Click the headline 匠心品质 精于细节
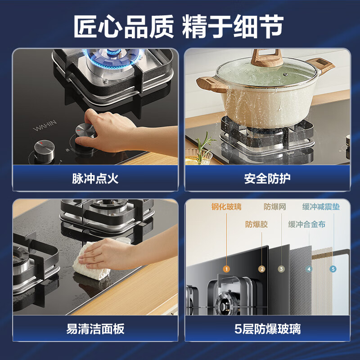click(x=179, y=27)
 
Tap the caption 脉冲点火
click(x=95, y=178)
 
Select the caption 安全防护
click(x=267, y=178)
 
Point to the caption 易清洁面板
click(x=95, y=328)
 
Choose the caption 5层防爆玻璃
click(x=267, y=328)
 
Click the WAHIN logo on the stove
click(x=45, y=126)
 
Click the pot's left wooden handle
click(x=211, y=84)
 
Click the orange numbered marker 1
click(x=226, y=269)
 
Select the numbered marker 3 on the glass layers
click(x=281, y=269)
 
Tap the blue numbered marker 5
click(x=333, y=269)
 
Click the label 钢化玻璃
click(x=226, y=207)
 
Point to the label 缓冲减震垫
click(x=321, y=207)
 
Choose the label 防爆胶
click(x=256, y=224)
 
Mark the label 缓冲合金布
click(x=307, y=224)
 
